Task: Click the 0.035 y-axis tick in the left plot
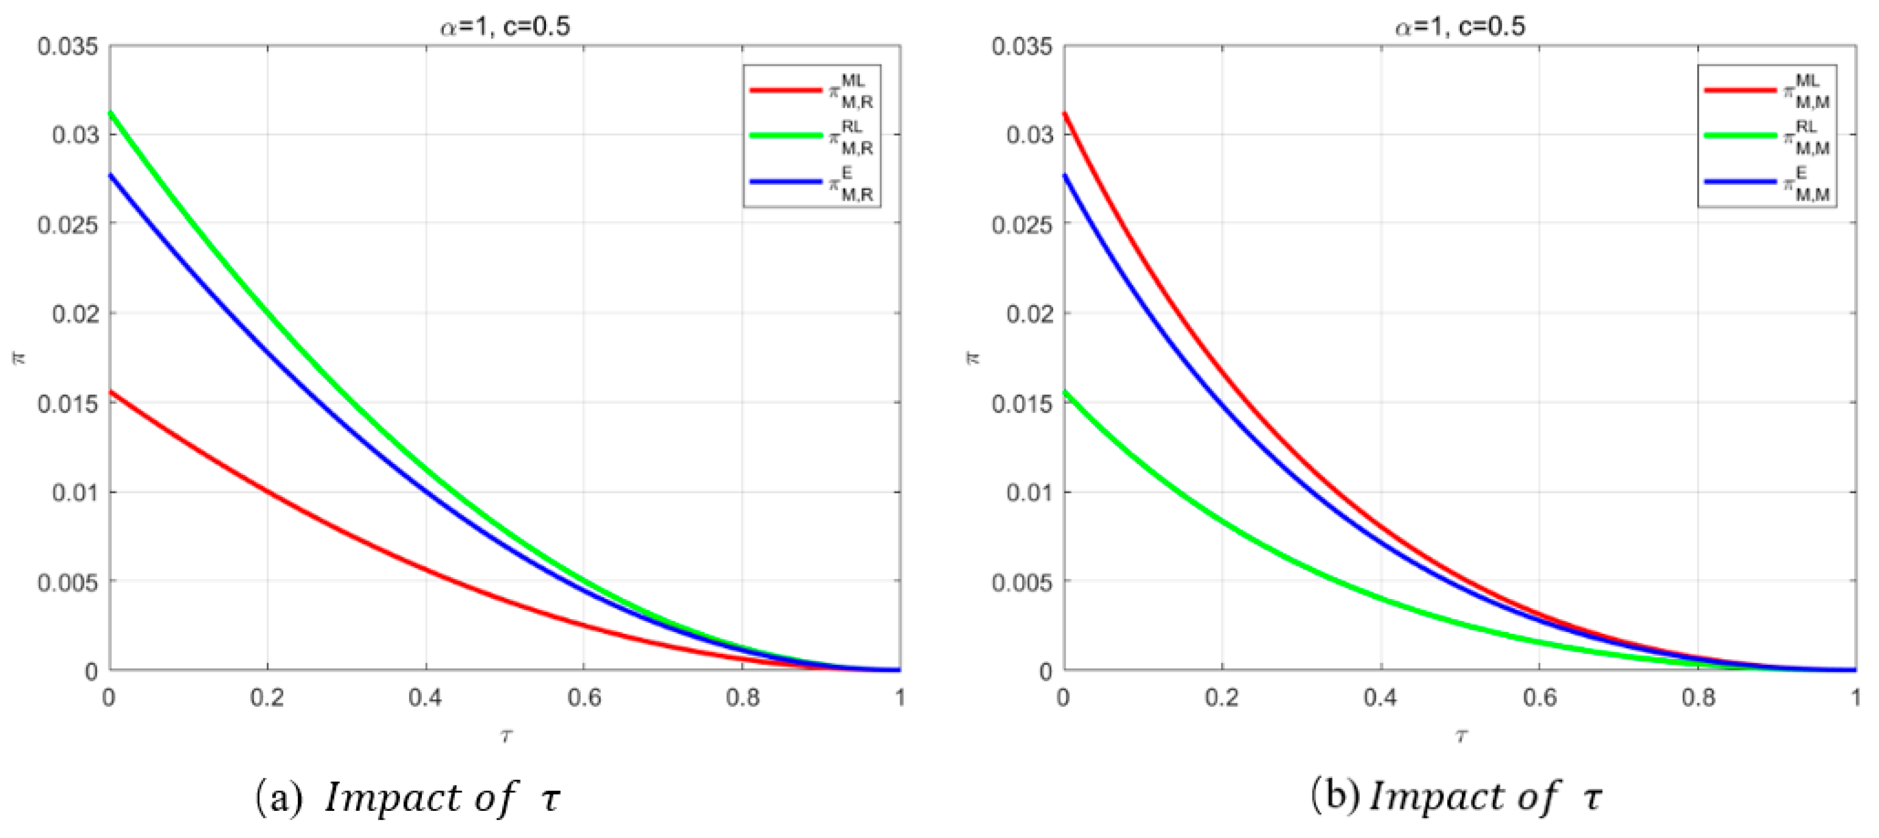tap(67, 47)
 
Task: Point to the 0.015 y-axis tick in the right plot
tap(1022, 403)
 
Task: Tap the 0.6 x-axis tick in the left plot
tap(583, 698)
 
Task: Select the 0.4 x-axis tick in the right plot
tap(1380, 698)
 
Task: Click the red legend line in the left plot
tap(785, 89)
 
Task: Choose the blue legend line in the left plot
tap(785, 182)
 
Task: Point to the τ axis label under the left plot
tap(506, 736)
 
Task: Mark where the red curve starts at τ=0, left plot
tap(111, 392)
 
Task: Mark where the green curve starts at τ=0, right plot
tap(1065, 392)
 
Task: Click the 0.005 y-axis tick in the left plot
tap(67, 582)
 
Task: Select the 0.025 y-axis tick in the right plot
tap(1022, 225)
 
